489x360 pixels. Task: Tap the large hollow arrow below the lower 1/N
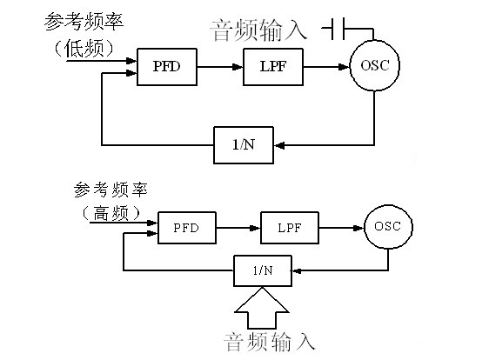point(262,309)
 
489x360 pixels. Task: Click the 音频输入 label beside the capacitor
point(258,30)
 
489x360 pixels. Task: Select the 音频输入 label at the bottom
point(269,343)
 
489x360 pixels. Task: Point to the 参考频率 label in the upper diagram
point(84,22)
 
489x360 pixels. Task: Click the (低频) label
point(84,49)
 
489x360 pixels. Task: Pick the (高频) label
point(111,214)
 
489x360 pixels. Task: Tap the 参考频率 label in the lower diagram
point(111,190)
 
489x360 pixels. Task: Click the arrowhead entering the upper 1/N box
point(279,145)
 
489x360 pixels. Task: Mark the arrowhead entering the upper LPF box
point(238,67)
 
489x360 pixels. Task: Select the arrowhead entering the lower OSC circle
point(358,228)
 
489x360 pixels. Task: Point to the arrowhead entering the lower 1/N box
point(297,270)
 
